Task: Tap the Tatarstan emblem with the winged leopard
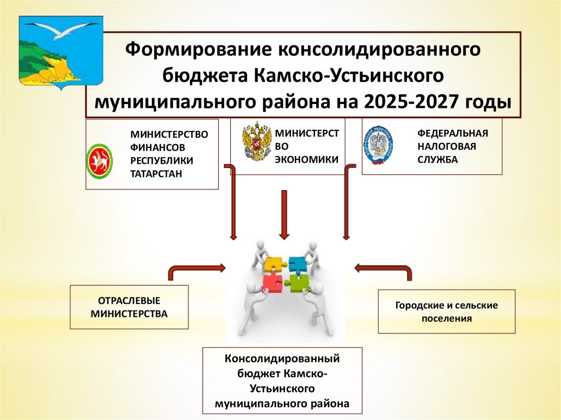click(x=100, y=162)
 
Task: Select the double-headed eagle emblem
click(x=256, y=141)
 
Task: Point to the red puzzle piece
click(x=272, y=283)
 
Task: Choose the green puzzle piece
click(x=296, y=283)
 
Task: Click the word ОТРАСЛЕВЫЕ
click(x=129, y=302)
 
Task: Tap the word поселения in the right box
click(x=446, y=318)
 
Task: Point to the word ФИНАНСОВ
click(x=157, y=147)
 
